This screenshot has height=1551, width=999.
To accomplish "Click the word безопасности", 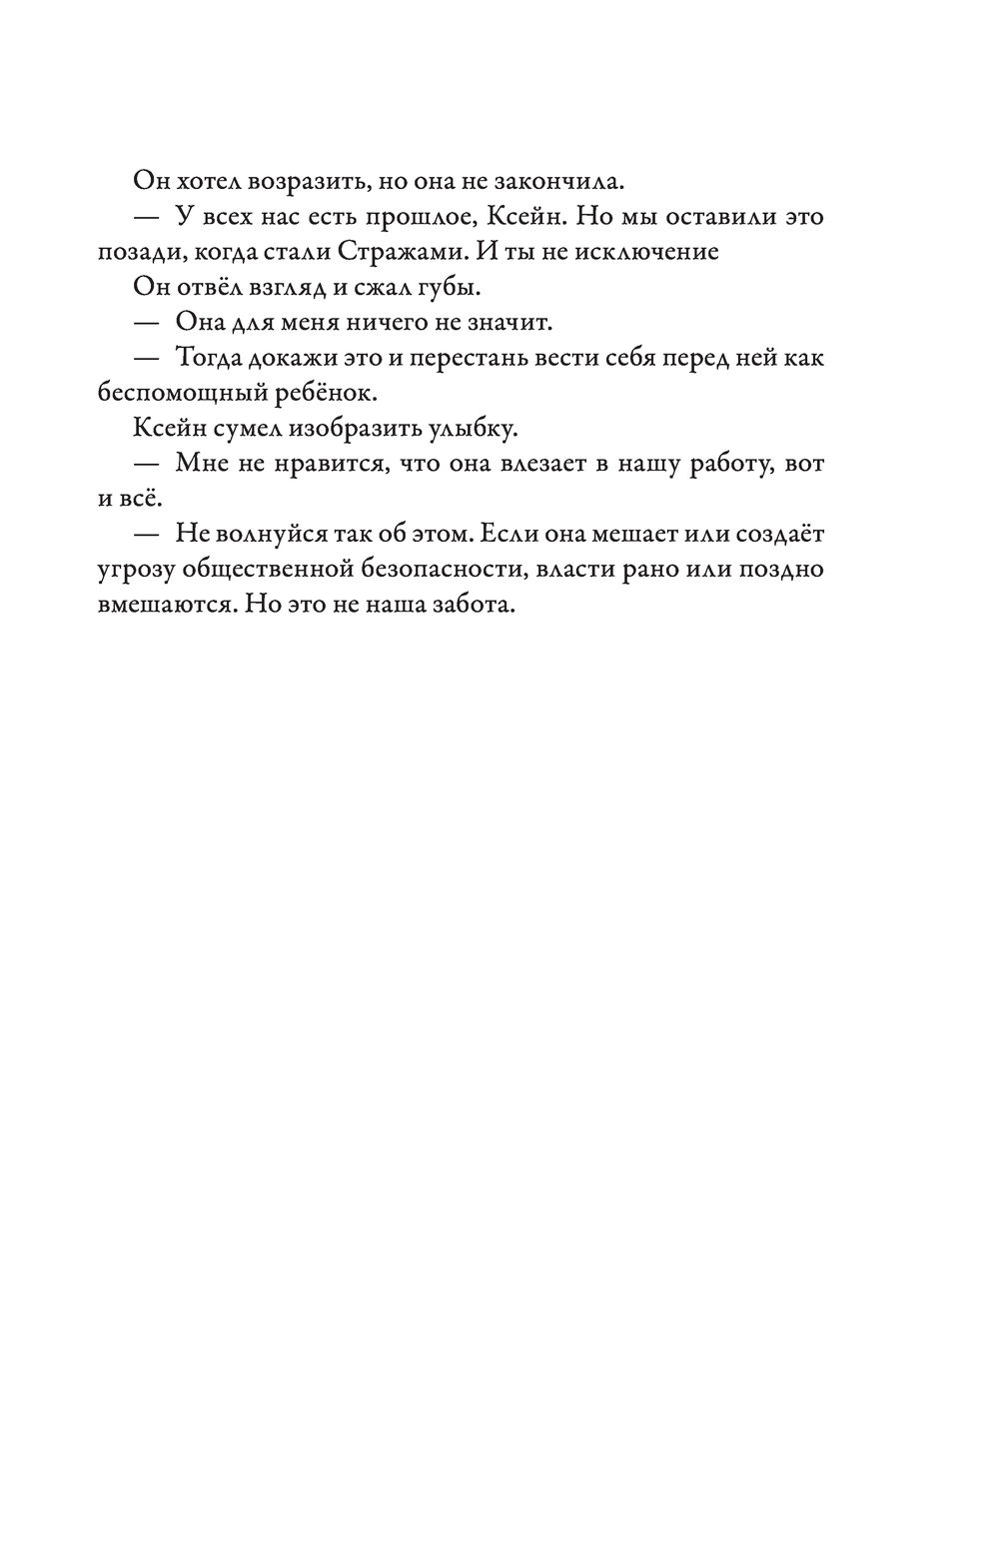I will pyautogui.click(x=426, y=570).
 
